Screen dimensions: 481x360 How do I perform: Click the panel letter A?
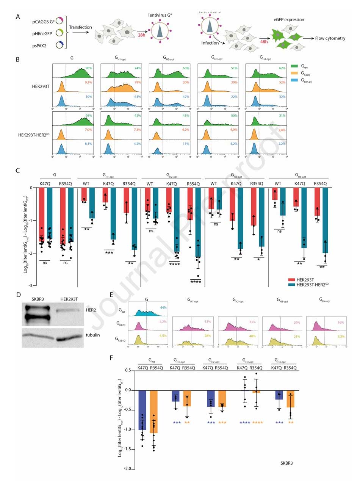pos(18,17)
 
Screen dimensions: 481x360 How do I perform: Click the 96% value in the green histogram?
pos(89,68)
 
